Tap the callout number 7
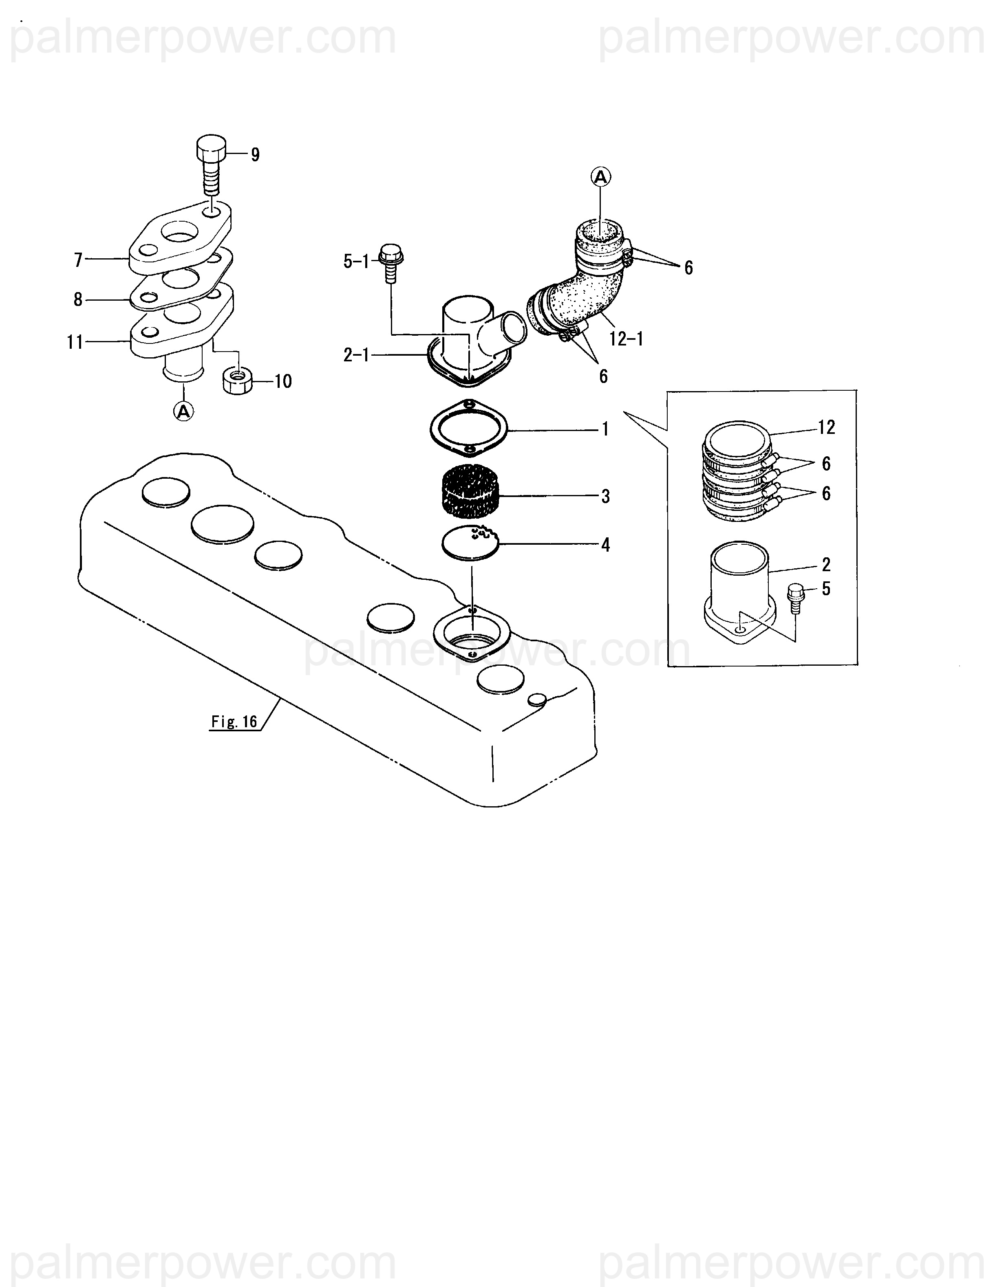click(x=78, y=260)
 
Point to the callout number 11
click(x=75, y=342)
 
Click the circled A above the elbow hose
click(x=601, y=176)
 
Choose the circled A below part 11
click(x=184, y=411)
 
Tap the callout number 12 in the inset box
click(x=826, y=427)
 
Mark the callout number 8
click(x=78, y=300)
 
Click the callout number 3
click(x=605, y=496)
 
